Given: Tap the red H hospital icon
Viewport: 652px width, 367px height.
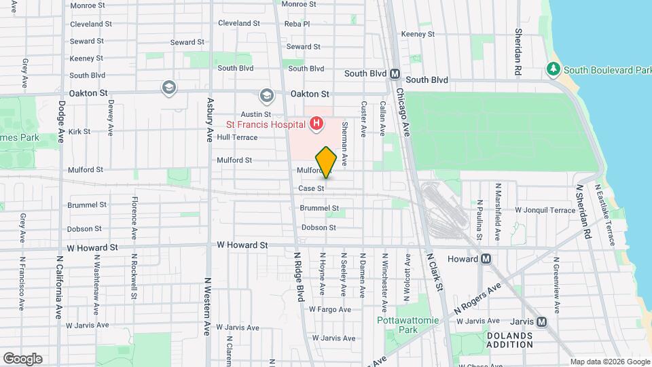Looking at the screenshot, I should [316, 124].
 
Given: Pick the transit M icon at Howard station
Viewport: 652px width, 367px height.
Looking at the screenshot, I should [486, 259].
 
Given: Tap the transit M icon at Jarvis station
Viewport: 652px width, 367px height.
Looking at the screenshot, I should [541, 322].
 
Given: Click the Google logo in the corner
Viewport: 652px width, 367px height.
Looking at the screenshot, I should [22, 358].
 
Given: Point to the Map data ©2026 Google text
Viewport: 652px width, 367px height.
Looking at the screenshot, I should [609, 362].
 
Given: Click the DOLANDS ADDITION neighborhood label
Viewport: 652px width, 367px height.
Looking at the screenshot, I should [509, 340].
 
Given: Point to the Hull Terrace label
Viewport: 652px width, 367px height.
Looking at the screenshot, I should [238, 137].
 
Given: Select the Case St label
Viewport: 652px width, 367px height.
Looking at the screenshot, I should [311, 188].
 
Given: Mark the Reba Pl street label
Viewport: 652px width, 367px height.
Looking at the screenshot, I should [297, 24].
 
